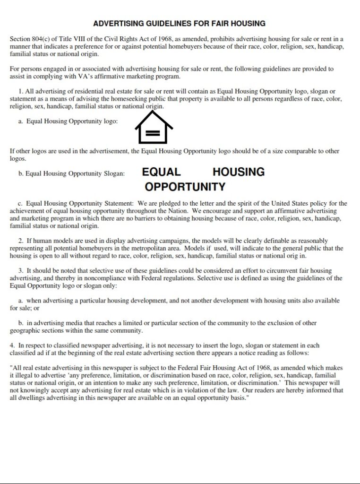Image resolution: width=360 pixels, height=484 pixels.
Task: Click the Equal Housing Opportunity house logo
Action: (x=154, y=126)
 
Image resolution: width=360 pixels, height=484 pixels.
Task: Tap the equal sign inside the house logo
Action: (x=152, y=133)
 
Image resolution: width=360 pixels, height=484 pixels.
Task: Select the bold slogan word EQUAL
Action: (x=161, y=172)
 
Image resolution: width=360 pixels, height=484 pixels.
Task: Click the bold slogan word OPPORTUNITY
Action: (x=185, y=187)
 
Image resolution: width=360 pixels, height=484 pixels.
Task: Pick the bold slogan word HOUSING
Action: (x=238, y=172)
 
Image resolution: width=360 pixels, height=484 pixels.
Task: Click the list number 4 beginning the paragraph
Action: (x=12, y=346)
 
